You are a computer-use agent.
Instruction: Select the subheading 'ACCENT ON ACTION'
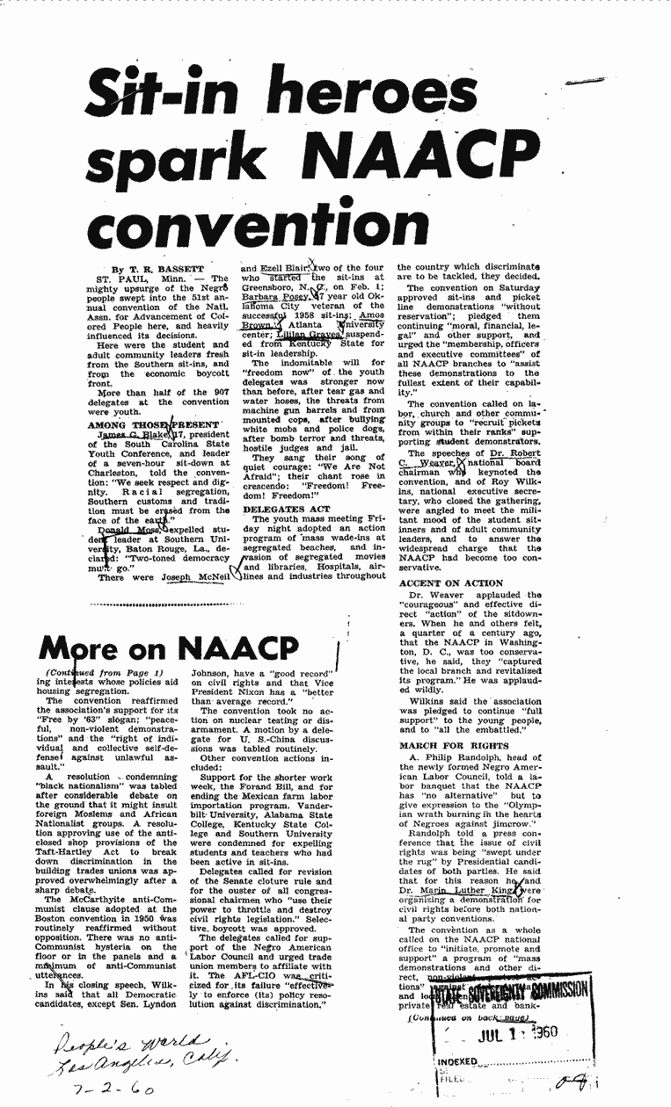451,583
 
